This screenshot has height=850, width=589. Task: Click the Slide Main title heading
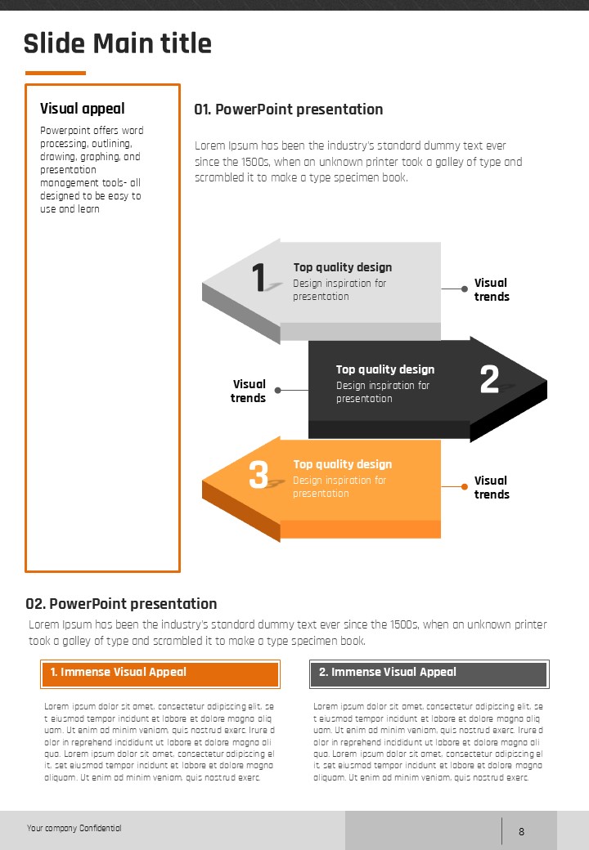tap(117, 43)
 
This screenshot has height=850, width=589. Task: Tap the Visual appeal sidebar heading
tap(83, 109)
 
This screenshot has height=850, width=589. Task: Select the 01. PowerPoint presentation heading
tap(288, 110)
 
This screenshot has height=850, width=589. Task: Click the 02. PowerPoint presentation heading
tap(121, 604)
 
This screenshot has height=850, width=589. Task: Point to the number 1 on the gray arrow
tap(260, 277)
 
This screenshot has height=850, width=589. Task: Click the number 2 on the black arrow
tap(489, 379)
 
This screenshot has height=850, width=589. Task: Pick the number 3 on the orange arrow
tap(259, 475)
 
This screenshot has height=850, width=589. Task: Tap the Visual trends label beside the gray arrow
tap(492, 290)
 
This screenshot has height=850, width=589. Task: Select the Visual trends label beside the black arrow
tap(248, 391)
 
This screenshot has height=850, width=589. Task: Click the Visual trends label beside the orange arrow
tap(492, 487)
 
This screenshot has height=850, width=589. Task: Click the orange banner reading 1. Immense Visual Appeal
tap(160, 673)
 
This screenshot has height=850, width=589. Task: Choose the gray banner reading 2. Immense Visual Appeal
tap(429, 673)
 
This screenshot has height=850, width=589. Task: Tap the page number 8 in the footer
tap(521, 832)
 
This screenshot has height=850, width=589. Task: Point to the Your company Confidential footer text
tap(74, 828)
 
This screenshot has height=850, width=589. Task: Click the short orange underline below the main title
tap(55, 73)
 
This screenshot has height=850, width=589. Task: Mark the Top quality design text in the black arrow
tap(385, 369)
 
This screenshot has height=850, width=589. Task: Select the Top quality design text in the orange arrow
tap(343, 464)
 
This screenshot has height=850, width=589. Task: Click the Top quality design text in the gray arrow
tap(343, 267)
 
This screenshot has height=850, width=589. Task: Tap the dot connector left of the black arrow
tap(277, 390)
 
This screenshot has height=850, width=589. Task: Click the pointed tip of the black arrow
tap(544, 382)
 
